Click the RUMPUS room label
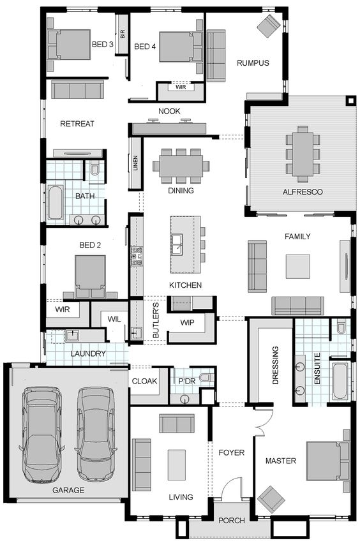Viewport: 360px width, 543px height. point(253,63)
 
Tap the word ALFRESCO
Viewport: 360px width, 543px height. point(303,192)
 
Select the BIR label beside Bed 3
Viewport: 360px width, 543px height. point(123,34)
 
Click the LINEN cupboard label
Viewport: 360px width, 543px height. point(135,163)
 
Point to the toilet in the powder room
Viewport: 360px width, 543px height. point(207,377)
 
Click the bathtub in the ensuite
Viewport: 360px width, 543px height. point(340,381)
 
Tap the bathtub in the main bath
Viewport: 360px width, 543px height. point(56,202)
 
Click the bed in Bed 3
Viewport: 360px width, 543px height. point(70,45)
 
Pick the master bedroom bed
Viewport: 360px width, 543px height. point(327,461)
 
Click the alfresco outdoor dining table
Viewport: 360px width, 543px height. point(303,154)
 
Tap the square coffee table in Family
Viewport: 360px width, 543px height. point(297,266)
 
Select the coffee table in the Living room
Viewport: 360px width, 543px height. point(177,465)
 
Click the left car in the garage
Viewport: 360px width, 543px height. point(42,434)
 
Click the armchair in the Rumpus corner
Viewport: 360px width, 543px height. point(269,26)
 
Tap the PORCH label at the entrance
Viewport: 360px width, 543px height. point(232,521)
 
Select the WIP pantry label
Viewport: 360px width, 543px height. point(187,323)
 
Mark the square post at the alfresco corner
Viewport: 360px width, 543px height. point(351,101)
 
